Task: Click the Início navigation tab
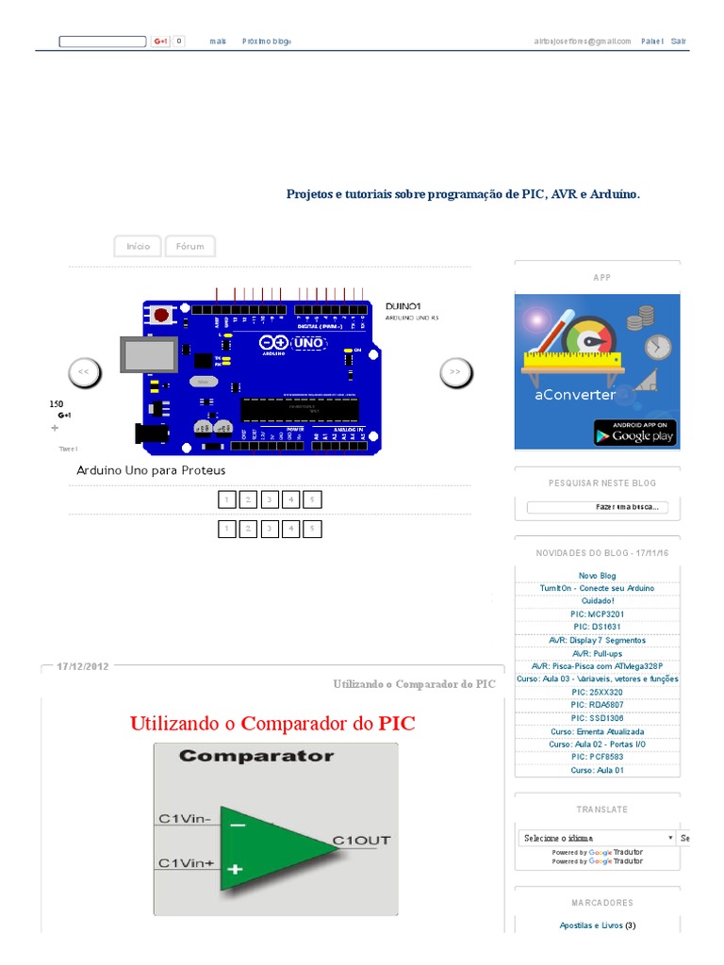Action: pyautogui.click(x=138, y=246)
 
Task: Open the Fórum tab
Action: pyautogui.click(x=189, y=246)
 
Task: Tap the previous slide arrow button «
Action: pyautogui.click(x=84, y=372)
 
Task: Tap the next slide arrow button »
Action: pyautogui.click(x=455, y=372)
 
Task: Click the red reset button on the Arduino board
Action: pyautogui.click(x=161, y=314)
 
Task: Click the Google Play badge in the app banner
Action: pyautogui.click(x=634, y=433)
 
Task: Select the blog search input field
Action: pyautogui.click(x=596, y=507)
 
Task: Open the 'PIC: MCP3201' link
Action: pyautogui.click(x=598, y=614)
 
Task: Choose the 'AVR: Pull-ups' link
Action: pyautogui.click(x=598, y=653)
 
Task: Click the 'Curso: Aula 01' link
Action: pyautogui.click(x=598, y=770)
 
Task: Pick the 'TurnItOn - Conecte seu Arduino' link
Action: pyautogui.click(x=598, y=588)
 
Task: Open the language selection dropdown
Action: pyautogui.click(x=598, y=838)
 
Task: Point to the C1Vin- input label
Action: pyautogui.click(x=185, y=818)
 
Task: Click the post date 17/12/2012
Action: pyautogui.click(x=83, y=666)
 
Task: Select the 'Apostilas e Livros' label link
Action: pyautogui.click(x=591, y=925)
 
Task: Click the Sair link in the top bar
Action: pyautogui.click(x=679, y=41)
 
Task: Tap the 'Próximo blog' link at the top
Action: pyautogui.click(x=267, y=41)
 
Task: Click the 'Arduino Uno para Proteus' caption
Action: pyautogui.click(x=151, y=470)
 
